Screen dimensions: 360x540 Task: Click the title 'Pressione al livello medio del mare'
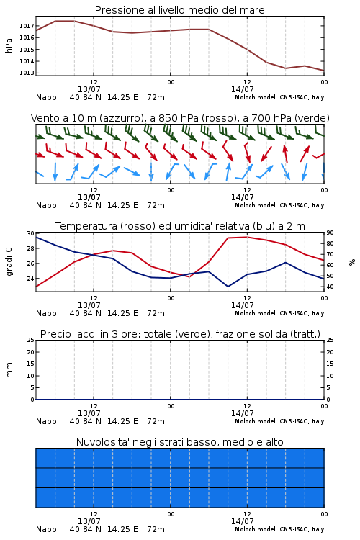coord(179,10)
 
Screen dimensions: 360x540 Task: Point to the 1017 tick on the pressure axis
coord(27,26)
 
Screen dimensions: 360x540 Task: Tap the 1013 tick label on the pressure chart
coord(27,73)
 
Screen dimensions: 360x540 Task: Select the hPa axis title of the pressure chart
coord(9,45)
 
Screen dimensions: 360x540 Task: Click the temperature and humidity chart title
coord(179,226)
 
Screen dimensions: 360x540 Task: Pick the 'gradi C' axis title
coord(9,262)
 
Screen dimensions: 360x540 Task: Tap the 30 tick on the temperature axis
coord(31,233)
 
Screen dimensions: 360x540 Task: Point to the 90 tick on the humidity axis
coord(330,233)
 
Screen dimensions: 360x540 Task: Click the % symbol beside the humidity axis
coord(352,262)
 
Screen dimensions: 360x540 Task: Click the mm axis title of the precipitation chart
coord(9,370)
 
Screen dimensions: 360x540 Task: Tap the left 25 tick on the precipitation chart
coord(31,341)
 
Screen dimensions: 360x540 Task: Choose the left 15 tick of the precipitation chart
coord(31,364)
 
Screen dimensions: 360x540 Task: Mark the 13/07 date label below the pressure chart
coord(89,89)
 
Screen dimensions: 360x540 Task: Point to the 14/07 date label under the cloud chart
coord(242,521)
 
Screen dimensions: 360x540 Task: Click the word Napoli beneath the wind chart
coord(48,206)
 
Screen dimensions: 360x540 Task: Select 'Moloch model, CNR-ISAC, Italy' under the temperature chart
coord(279,313)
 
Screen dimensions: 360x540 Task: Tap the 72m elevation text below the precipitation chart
coord(156,421)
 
